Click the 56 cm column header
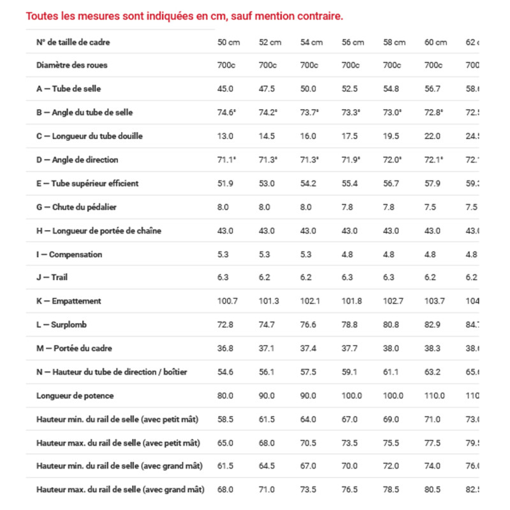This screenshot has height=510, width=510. pos(353,42)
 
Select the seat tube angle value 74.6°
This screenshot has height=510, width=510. pos(226,113)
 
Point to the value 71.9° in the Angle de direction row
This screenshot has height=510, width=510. pos(351,160)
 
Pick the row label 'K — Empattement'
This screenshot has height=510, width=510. pos(69,301)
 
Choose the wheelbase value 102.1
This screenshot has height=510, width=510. pos(310,301)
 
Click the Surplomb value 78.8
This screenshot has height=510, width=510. pos(350,324)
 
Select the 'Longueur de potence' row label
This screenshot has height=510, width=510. pos(75,395)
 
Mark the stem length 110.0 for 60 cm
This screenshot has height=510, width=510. pos(434,395)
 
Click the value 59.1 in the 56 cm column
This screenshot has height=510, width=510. pos(350,372)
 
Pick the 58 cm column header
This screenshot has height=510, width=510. pos(394,42)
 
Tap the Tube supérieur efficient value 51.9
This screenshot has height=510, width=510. pos(225,184)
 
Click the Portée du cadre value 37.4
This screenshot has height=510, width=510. pos(309,348)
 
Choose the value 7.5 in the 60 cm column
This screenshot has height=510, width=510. pos(431,207)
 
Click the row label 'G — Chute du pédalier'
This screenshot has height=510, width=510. pos(76,207)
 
